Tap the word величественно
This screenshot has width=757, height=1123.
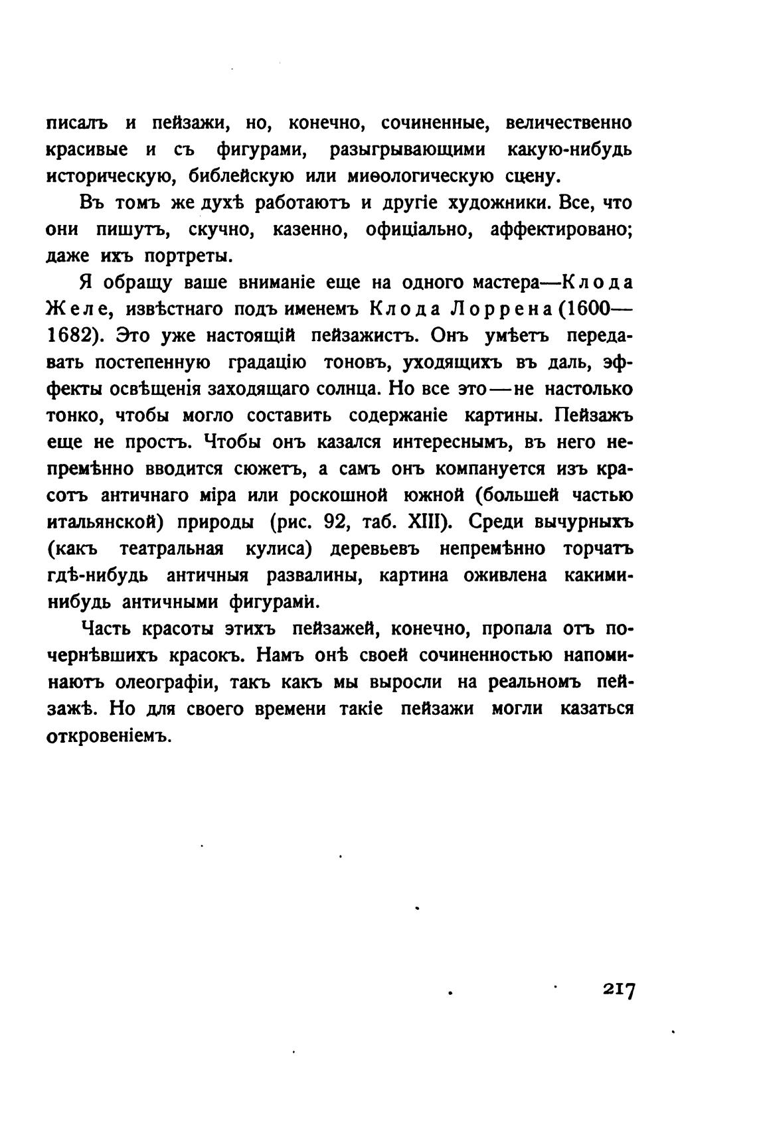click(x=568, y=123)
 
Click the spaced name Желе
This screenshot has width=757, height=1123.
click(x=72, y=309)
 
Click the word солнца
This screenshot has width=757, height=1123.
click(x=341, y=389)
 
